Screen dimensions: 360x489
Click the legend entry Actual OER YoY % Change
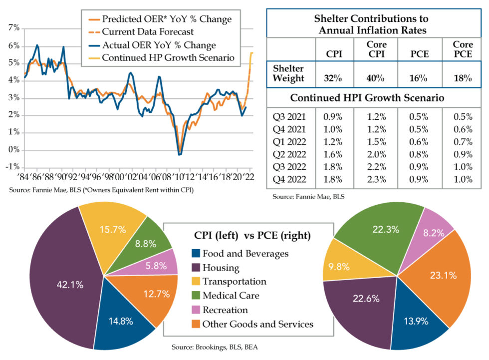158,45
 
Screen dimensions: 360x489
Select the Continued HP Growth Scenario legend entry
167,57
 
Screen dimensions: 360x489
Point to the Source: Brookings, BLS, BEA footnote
214,347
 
